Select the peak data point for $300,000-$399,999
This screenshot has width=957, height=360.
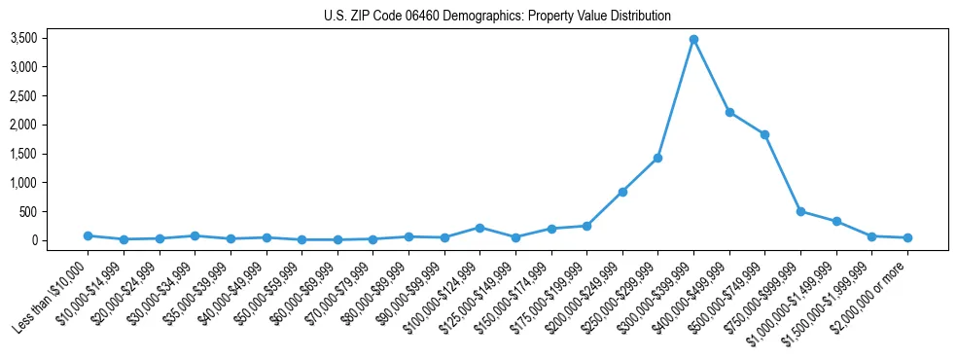[x=693, y=40]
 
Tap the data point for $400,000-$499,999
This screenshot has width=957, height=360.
[x=729, y=112]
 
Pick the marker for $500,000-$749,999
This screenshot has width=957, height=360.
[x=765, y=134]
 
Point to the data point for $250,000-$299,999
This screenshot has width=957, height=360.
[x=658, y=158]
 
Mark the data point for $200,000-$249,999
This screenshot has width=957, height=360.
[x=622, y=192]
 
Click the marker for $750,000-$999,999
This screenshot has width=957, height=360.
[x=800, y=211]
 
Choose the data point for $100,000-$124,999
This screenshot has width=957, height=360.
[x=479, y=228]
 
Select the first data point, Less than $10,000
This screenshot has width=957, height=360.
[x=88, y=235]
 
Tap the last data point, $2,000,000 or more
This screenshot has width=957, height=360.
[x=907, y=237]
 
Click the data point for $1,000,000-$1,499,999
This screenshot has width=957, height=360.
[x=836, y=221]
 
